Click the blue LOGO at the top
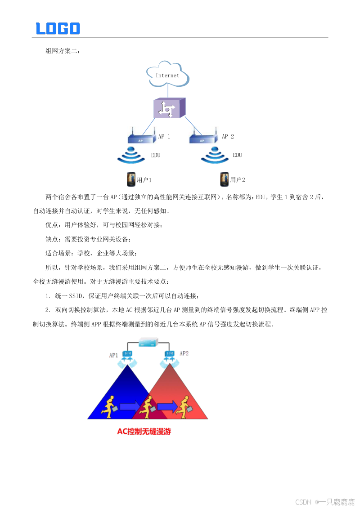coord(58,28)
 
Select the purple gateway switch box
coord(169,108)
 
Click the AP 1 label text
coord(164,136)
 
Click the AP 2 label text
coord(228,136)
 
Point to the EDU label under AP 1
coord(155,155)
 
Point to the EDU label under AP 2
coord(237,155)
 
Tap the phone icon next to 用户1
coord(130,179)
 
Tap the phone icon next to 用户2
coord(224,179)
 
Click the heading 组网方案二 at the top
coord(62,51)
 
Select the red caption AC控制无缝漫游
coord(144,432)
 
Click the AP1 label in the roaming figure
coord(113,355)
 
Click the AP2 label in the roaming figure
coord(184,353)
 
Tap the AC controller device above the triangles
coord(148,342)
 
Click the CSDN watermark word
coord(303,501)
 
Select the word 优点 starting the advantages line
coord(52,225)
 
